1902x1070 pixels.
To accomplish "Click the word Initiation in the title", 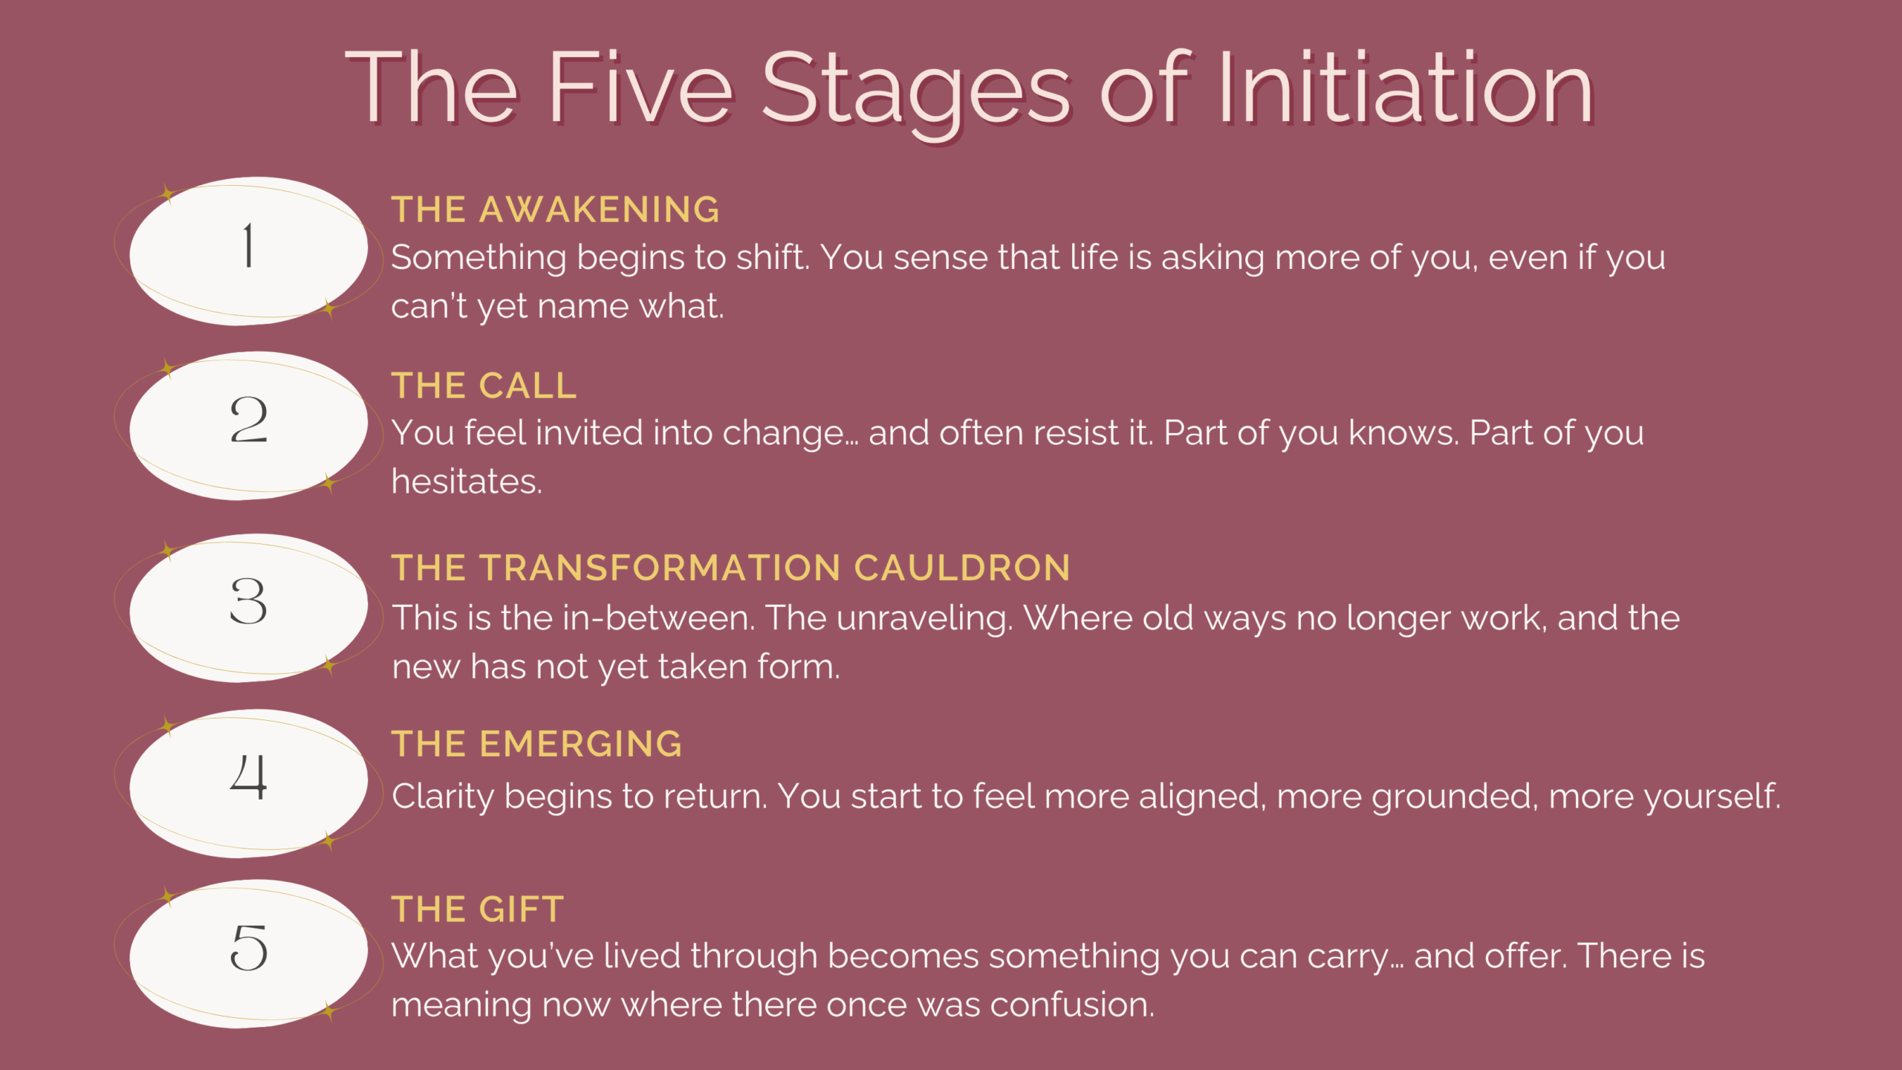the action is coord(1405,88).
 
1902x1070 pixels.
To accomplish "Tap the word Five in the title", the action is coord(641,88).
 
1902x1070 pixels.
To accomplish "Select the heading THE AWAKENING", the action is coord(555,210).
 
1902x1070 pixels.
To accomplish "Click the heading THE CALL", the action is coord(484,386).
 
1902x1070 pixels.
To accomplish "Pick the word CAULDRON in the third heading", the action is coord(962,568).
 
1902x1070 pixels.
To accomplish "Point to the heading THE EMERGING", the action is coord(536,744).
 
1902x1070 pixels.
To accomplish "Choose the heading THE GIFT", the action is coord(478,909).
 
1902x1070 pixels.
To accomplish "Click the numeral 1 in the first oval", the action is coord(248,245).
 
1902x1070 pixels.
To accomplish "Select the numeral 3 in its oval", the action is coord(248,601).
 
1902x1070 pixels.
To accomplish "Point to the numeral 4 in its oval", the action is coord(248,776).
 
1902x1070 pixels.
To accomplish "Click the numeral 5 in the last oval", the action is coord(248,947).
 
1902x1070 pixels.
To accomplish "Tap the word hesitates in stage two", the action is coord(467,481).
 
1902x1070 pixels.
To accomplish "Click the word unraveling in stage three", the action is coord(924,619).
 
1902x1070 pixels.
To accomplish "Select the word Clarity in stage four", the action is coord(443,797).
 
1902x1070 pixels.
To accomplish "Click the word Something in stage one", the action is coord(478,259).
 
